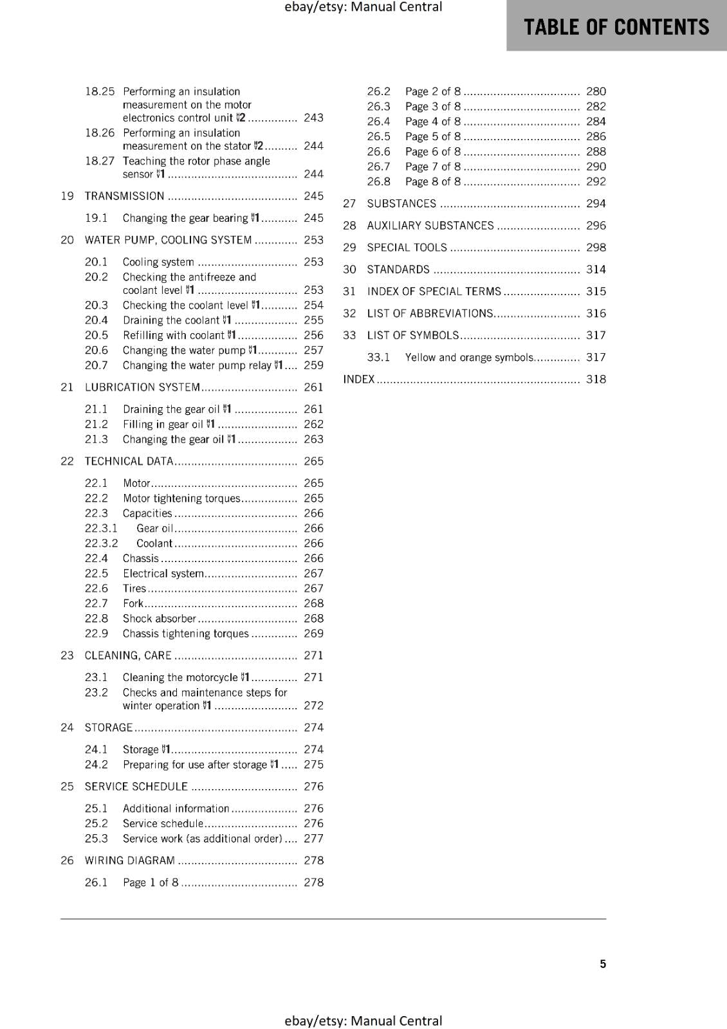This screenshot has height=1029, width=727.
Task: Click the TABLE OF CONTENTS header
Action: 616,27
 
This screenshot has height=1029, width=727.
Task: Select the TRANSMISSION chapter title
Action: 124,196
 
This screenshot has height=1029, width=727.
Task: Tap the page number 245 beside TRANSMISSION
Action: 313,196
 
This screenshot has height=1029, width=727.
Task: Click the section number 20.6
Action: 97,351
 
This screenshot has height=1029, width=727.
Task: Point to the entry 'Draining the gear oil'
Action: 171,409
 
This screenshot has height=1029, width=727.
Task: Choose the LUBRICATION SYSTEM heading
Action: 142,387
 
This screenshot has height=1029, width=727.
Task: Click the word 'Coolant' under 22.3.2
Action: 154,543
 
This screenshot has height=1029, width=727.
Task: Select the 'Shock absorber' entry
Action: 160,619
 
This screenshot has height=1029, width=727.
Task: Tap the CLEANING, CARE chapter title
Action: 128,655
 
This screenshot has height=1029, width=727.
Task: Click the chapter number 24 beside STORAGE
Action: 67,727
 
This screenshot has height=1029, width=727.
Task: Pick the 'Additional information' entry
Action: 176,808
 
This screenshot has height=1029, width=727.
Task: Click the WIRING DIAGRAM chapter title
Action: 129,861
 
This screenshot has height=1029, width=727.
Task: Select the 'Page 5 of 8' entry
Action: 433,136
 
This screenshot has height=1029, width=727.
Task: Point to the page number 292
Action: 596,181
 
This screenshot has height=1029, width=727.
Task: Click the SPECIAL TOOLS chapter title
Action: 407,248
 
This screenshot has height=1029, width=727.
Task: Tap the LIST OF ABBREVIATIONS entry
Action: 430,313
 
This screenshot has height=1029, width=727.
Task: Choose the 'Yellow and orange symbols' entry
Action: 469,358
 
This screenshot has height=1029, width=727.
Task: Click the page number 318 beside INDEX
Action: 596,379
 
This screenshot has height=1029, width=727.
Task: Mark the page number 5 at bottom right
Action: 603,964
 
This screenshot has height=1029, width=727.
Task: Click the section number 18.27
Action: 99,161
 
